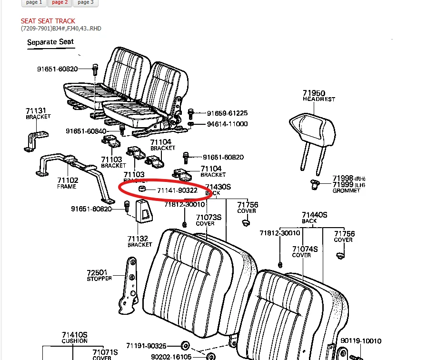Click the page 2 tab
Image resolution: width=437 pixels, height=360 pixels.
coord(60,2)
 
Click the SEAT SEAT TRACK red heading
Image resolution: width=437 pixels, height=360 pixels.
coord(48,21)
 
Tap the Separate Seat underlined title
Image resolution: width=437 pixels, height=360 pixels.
coord(50,42)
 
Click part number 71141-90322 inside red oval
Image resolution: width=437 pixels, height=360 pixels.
coord(178,190)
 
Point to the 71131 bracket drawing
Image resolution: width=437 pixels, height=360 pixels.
coord(36,141)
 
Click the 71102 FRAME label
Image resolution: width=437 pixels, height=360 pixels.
coord(67,183)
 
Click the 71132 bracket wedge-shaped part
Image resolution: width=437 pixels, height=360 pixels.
coord(144,211)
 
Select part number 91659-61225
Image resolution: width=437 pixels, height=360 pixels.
coord(227,113)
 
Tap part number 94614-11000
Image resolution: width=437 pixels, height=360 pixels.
coord(227,124)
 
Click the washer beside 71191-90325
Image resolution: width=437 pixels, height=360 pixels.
coord(185,345)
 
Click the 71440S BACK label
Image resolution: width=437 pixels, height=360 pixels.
coord(314,218)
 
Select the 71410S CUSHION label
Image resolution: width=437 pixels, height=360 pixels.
coord(75,338)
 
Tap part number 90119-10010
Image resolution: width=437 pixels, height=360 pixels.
coord(361,341)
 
